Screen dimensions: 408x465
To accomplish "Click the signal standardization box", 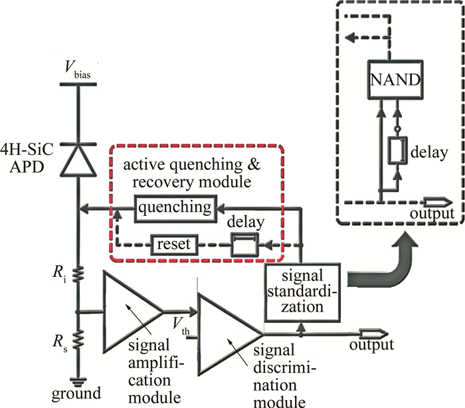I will click(302, 291).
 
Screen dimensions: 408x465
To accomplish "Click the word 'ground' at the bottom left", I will click(78, 393).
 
